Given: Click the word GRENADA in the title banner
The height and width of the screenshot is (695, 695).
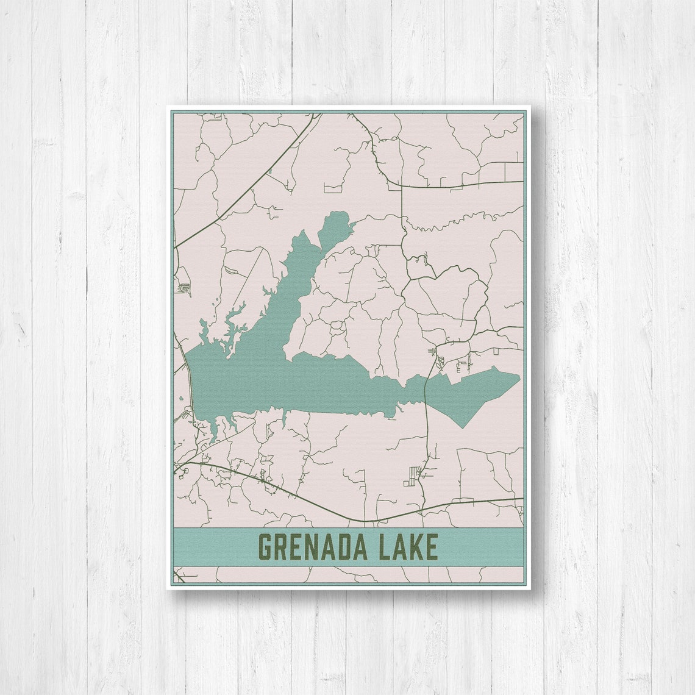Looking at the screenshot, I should click(312, 547).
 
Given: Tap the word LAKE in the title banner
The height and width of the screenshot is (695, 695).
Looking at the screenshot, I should click(408, 547).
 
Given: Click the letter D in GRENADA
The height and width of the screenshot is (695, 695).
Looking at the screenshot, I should click(344, 547).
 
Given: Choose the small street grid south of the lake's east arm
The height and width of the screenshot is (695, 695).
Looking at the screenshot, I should click(413, 476).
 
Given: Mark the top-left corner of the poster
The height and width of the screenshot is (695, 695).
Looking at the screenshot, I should click(167, 107).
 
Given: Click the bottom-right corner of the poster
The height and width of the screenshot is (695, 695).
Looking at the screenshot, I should click(529, 588).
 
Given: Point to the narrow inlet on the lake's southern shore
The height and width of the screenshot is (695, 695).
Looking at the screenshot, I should click(284, 419).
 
